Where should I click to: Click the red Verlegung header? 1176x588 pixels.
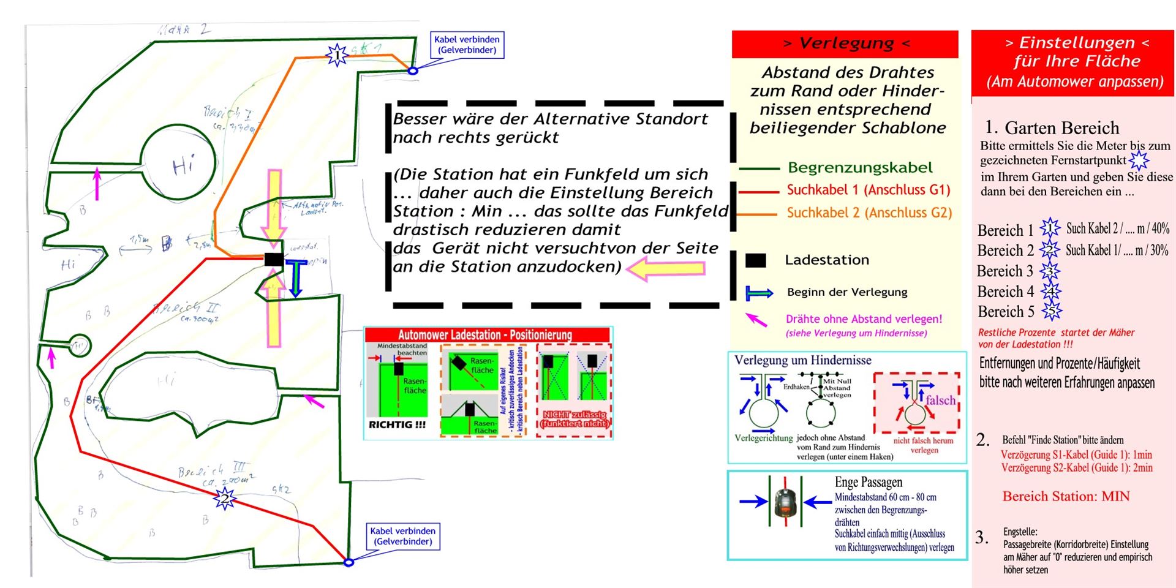click(845, 43)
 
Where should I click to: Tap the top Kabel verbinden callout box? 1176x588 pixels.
click(467, 45)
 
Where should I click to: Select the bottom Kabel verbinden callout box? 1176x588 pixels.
click(402, 536)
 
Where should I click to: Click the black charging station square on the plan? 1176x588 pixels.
click(274, 259)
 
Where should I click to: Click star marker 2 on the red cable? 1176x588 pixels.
click(225, 499)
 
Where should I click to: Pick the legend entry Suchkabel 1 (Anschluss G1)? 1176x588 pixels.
click(868, 190)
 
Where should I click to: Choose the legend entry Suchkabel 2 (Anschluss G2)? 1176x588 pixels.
click(869, 213)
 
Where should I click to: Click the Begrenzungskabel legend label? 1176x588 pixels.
click(860, 168)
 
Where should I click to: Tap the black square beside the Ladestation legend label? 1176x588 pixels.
click(756, 260)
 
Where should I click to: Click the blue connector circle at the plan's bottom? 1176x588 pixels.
click(349, 562)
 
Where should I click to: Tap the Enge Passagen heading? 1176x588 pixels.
click(868, 482)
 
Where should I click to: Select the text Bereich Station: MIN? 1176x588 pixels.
click(1066, 496)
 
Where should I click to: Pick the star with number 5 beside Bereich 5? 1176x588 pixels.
click(1052, 312)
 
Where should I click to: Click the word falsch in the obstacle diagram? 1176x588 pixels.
click(940, 400)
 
